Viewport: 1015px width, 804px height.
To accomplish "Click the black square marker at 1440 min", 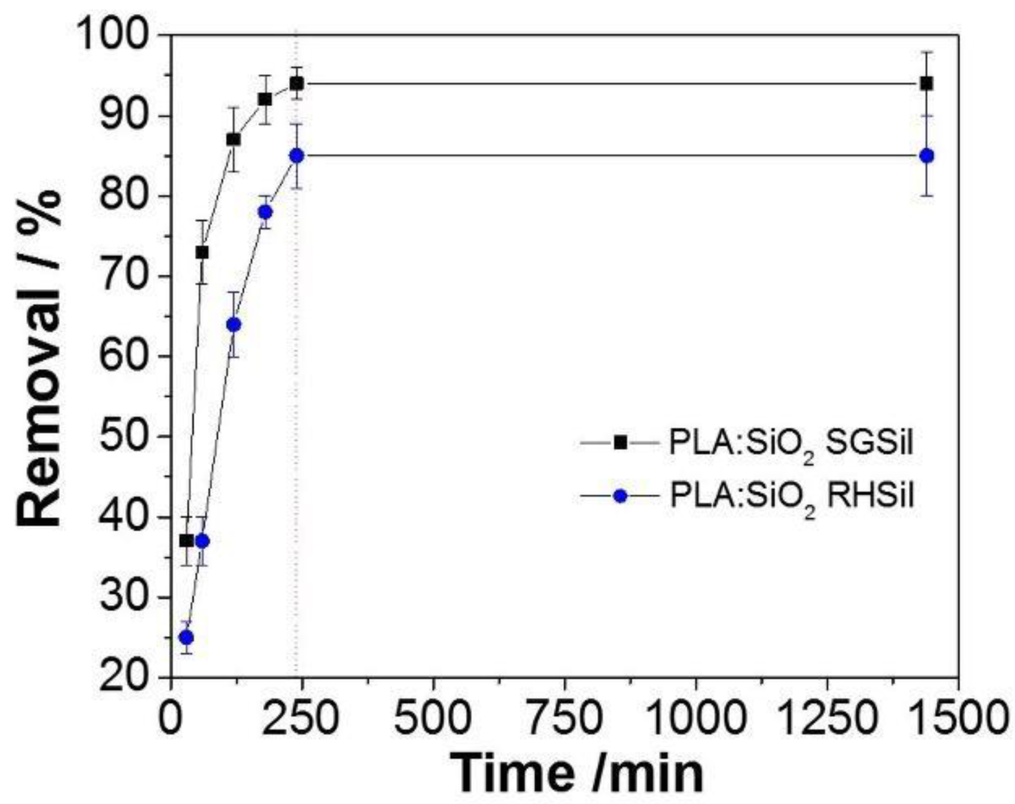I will [x=926, y=84].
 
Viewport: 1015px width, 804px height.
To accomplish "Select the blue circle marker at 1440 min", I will [x=926, y=156].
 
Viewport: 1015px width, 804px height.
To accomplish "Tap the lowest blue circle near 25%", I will [x=186, y=637].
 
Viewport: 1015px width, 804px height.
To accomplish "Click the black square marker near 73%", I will [x=202, y=253].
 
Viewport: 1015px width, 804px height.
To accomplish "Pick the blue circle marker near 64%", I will [x=234, y=325].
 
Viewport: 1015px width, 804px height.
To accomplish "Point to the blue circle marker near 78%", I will [x=266, y=212].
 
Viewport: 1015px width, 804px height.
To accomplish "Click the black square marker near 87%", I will [x=234, y=140].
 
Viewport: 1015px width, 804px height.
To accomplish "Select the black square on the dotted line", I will [x=297, y=83].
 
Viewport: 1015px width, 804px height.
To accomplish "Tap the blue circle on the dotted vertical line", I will [x=297, y=156].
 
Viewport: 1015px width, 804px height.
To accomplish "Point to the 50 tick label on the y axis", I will [x=125, y=436].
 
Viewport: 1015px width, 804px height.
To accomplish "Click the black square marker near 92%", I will [x=266, y=99].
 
